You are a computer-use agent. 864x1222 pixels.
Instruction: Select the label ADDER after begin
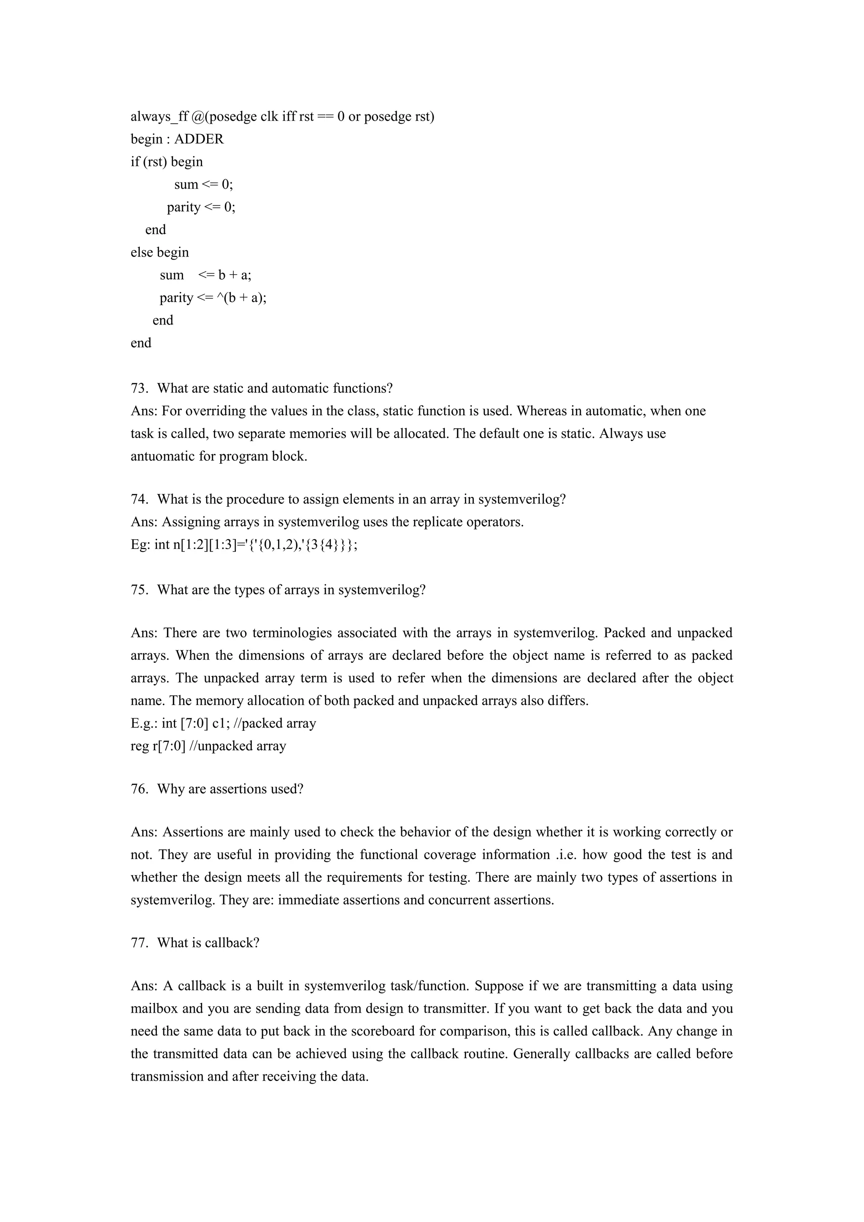(x=199, y=139)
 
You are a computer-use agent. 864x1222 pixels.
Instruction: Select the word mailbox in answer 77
(x=151, y=1008)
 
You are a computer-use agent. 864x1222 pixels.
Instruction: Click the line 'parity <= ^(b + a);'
(x=213, y=298)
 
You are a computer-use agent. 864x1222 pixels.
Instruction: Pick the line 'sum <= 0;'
(x=204, y=185)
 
